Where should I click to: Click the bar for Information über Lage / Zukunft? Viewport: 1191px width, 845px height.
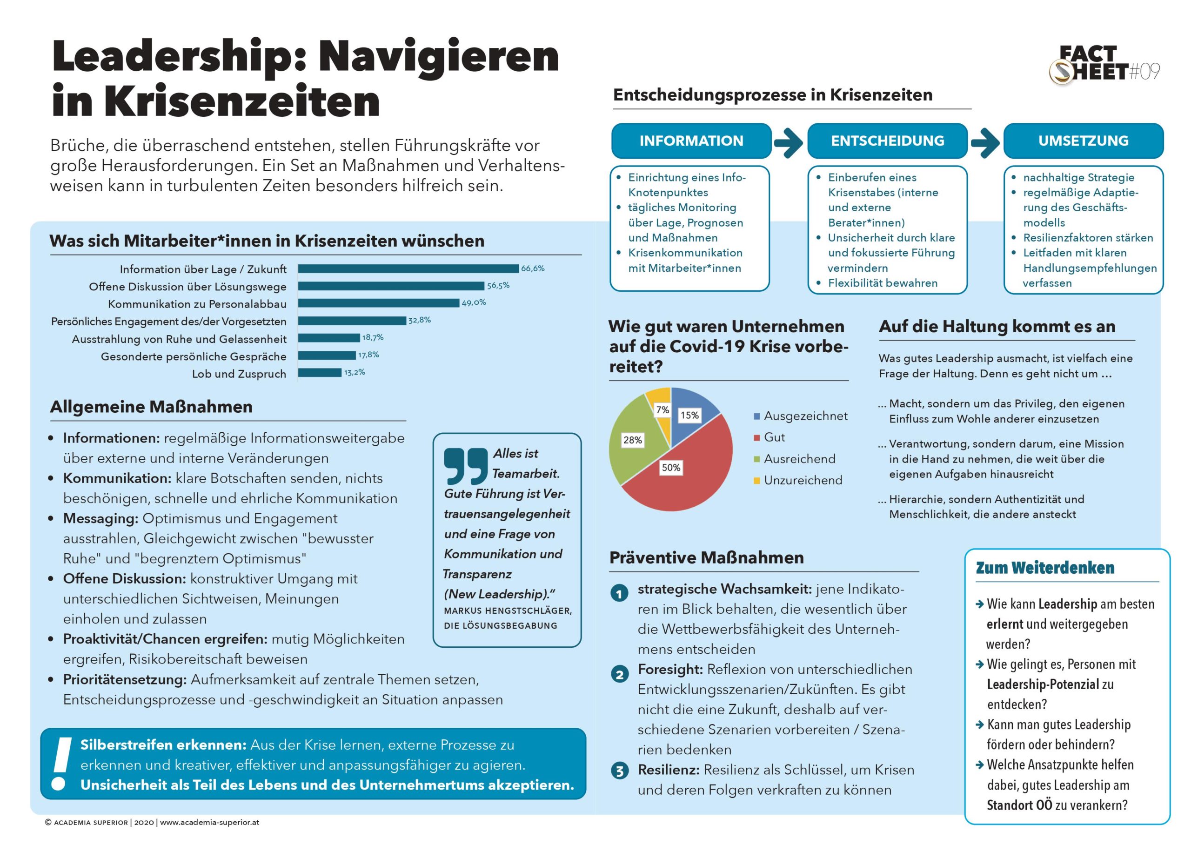click(408, 268)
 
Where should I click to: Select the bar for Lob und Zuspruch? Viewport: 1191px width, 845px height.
click(320, 373)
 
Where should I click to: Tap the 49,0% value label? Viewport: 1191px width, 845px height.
click(473, 303)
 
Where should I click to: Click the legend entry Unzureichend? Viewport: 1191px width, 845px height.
click(803, 480)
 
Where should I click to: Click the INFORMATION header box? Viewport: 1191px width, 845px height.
click(691, 141)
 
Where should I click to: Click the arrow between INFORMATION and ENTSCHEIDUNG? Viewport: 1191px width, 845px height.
click(789, 141)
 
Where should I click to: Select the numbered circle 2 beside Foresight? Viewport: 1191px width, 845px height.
click(619, 675)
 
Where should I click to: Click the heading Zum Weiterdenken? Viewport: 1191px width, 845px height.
click(1045, 568)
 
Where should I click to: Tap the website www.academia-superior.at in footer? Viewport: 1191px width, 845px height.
click(210, 823)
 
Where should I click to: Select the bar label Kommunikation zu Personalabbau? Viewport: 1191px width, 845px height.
click(197, 304)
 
